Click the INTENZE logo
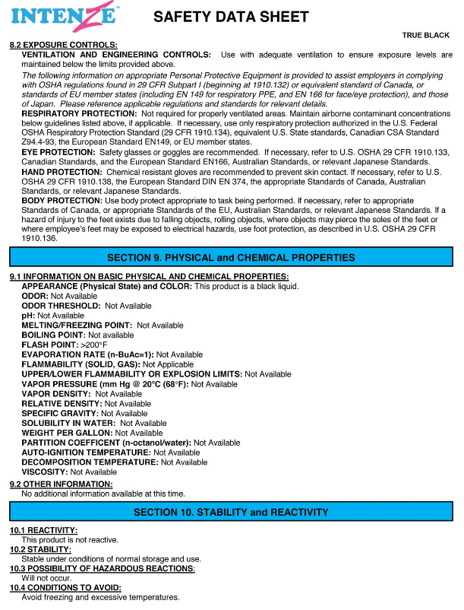tap(64, 16)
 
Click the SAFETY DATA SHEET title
tap(231, 17)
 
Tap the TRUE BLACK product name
tap(427, 35)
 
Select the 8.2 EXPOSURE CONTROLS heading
tap(63, 46)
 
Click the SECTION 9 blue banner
tap(231, 257)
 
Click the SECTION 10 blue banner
tap(231, 512)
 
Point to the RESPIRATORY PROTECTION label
tap(74, 113)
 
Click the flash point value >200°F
tap(96, 345)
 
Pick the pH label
tap(28, 315)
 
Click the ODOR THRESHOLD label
tap(61, 306)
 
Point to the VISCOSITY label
tap(44, 472)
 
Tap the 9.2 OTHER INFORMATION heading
tap(61, 484)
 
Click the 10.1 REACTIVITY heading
tap(44, 529)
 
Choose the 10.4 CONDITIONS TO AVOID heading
tap(65, 588)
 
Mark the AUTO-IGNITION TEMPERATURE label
tap(86, 453)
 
